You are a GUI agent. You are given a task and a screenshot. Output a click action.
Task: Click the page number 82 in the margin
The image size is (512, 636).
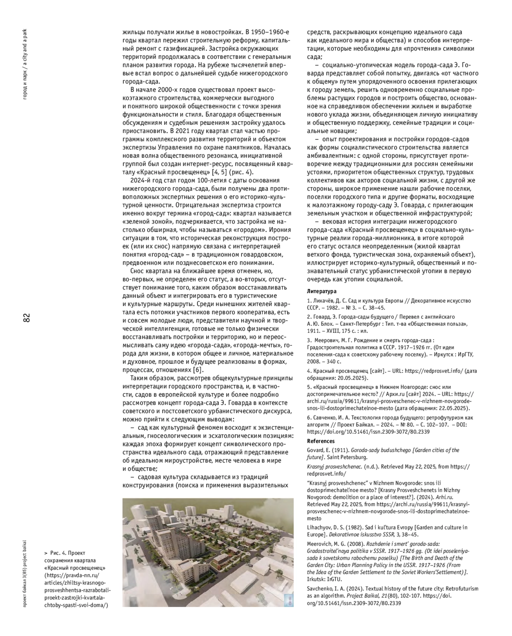pyautogui.click(x=26, y=318)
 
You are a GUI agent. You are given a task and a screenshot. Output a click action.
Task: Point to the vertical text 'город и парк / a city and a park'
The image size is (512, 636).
pyautogui.click(x=26, y=64)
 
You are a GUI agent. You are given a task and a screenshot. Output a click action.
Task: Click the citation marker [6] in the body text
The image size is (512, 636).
pyautogui.click(x=198, y=370)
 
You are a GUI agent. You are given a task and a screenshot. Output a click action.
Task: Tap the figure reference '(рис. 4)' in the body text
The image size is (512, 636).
pyautogui.click(x=241, y=172)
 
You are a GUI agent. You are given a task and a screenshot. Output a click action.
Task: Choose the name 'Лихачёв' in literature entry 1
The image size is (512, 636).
pyautogui.click(x=325, y=301)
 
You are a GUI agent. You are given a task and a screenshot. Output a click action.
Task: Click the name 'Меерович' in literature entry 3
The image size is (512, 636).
pyautogui.click(x=329, y=340)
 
